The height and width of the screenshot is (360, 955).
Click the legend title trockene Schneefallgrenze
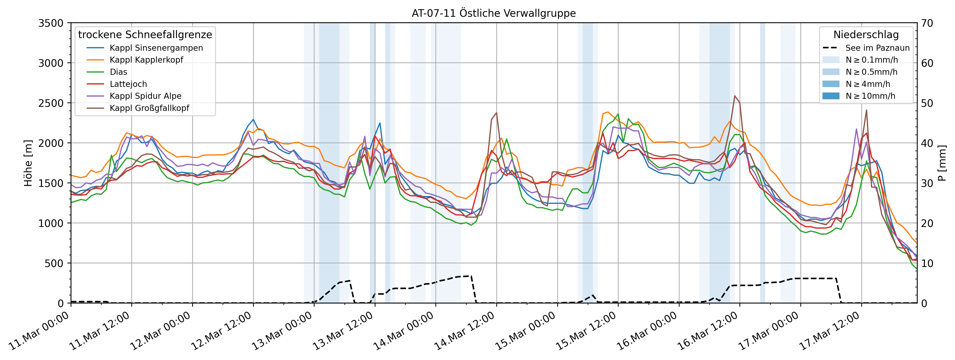145,35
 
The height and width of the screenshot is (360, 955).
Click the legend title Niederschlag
866,35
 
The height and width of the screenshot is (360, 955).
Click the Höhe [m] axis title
28,163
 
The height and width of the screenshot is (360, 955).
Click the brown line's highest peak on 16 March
734,96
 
